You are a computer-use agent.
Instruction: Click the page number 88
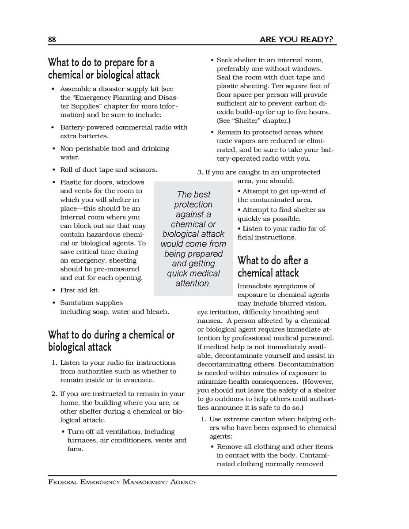point(52,40)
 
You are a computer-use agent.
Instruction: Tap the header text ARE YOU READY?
point(296,40)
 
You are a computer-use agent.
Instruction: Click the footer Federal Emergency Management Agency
point(122,482)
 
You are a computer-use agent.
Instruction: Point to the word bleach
point(158,312)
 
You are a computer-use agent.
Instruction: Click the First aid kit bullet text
point(80,291)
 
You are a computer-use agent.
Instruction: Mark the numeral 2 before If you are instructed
point(53,394)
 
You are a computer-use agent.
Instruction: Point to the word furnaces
point(82,440)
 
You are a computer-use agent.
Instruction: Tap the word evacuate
point(138,380)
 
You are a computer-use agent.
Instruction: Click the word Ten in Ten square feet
point(279,86)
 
